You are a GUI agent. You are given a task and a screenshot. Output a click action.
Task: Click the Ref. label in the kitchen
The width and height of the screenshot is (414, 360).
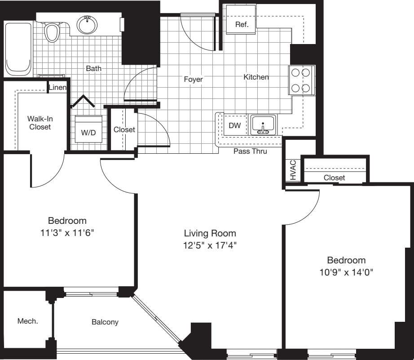[242, 24]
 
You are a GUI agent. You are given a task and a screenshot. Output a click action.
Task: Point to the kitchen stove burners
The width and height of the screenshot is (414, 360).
[300, 80]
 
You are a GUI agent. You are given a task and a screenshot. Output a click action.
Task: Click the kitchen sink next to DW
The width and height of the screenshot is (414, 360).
[263, 125]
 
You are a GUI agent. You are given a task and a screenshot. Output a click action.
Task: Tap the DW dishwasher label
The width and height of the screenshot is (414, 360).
[234, 126]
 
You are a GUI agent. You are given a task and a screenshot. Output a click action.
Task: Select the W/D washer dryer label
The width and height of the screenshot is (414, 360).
[88, 133]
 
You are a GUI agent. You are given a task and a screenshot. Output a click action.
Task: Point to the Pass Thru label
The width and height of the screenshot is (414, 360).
[250, 151]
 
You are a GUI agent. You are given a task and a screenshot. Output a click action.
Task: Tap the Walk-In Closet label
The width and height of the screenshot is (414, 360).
[40, 123]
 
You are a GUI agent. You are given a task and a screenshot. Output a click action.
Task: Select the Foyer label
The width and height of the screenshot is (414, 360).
[193, 80]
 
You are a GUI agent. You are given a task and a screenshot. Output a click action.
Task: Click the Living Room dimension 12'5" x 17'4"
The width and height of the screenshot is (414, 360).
[210, 245]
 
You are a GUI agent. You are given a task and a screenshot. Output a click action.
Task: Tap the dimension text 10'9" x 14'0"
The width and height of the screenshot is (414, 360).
[346, 272]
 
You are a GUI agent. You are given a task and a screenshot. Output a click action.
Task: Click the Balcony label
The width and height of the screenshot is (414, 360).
[105, 322]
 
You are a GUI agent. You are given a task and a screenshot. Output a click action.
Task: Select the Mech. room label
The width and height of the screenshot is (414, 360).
[27, 321]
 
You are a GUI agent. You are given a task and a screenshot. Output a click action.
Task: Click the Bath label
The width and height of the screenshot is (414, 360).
[94, 69]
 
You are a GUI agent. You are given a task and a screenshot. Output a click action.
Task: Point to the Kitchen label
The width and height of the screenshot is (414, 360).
[256, 77]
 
